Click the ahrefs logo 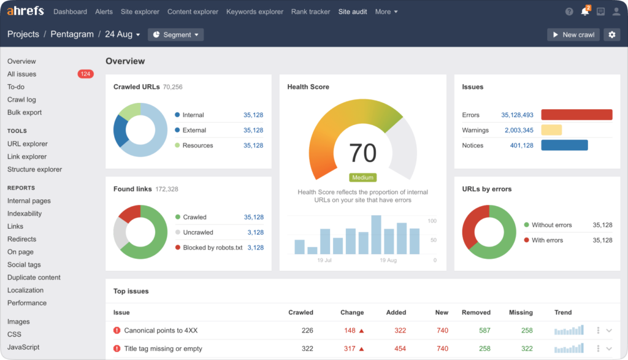(26, 12)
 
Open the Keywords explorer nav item (255, 12)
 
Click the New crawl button (573, 35)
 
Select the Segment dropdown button (175, 35)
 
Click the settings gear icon (611, 35)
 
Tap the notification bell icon (585, 12)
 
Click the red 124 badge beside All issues (85, 74)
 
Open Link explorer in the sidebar (27, 156)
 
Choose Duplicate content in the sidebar (34, 277)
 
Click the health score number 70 (362, 152)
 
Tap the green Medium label (362, 178)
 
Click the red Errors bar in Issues (576, 115)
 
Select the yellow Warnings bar (551, 130)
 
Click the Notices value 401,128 (521, 145)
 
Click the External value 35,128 (253, 130)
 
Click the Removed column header (476, 312)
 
